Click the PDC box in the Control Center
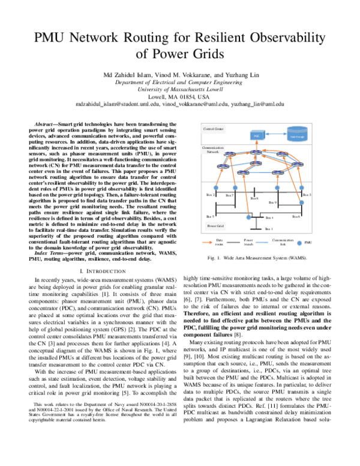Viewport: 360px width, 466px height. [256, 136]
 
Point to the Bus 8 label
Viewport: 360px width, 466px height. [254, 198]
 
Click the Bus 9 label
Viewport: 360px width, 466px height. [271, 203]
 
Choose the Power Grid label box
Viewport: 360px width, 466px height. [215, 226]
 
